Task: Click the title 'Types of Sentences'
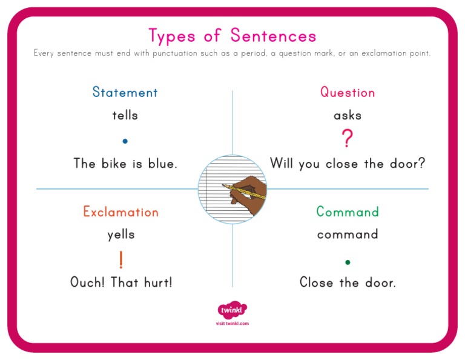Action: point(232,36)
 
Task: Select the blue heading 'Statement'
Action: point(125,92)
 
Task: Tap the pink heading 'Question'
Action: point(348,92)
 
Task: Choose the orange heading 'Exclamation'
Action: point(121,212)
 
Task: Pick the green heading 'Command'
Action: point(348,212)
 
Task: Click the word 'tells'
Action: point(125,115)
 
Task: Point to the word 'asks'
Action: point(348,115)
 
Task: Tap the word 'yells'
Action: point(121,235)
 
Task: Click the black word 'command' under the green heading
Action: point(348,235)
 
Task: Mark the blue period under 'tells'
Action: point(125,141)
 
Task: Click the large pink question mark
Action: point(347,139)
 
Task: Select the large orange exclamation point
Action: point(121,259)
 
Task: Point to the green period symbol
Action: point(348,262)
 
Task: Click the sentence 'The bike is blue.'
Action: point(125,164)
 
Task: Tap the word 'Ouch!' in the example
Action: point(88,282)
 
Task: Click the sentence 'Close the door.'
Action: point(348,282)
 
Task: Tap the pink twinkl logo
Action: point(232,310)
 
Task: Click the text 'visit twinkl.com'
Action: point(232,324)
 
